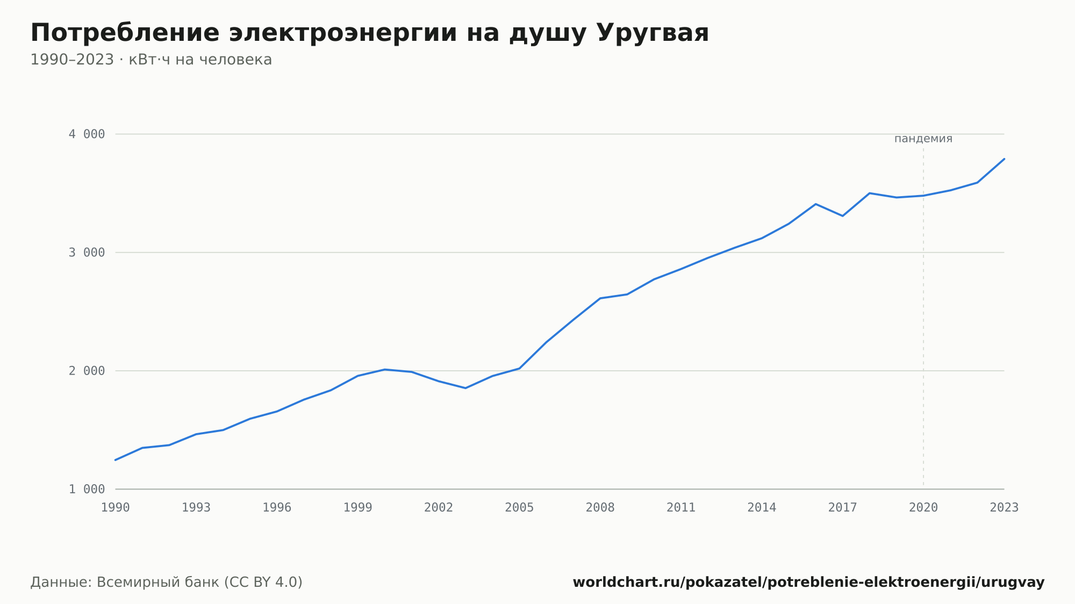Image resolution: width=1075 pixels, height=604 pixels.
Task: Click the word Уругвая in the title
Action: click(653, 33)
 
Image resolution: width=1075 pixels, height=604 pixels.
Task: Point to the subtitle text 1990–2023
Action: click(72, 60)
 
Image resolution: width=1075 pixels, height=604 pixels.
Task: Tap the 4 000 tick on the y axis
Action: click(87, 134)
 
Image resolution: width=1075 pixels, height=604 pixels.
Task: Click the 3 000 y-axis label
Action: click(87, 253)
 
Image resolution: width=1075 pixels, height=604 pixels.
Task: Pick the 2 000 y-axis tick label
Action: click(87, 371)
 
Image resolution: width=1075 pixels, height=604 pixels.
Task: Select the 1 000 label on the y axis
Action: click(87, 489)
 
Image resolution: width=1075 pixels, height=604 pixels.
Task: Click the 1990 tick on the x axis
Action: click(116, 508)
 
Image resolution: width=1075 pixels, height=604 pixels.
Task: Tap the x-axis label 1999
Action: click(358, 508)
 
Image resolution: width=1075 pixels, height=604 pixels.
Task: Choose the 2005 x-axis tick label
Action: click(519, 508)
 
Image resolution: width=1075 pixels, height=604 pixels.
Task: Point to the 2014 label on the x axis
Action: click(762, 508)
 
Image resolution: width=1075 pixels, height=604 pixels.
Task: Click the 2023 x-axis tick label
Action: click(1004, 508)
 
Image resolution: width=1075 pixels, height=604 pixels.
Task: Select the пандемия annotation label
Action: click(923, 139)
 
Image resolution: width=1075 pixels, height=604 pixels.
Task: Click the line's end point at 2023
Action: click(1004, 159)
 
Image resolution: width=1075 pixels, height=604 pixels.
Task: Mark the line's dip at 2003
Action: click(465, 388)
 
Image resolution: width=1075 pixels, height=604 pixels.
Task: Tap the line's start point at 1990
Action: click(116, 460)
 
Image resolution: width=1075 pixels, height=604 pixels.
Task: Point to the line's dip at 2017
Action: click(842, 216)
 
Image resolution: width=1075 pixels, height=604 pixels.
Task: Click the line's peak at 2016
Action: click(815, 204)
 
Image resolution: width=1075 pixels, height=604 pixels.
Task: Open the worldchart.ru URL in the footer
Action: click(808, 583)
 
